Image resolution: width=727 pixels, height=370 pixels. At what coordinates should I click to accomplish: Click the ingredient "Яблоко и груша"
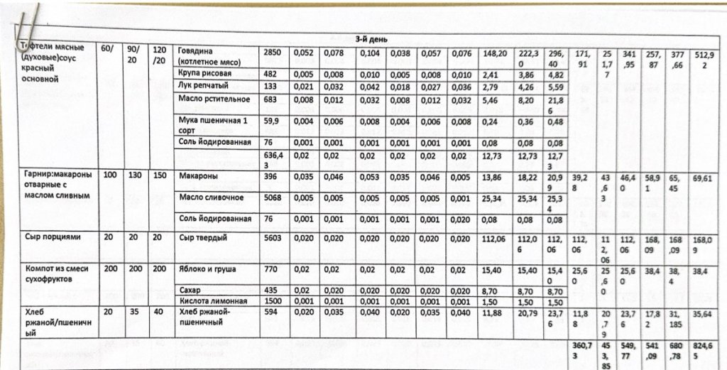pyautogui.click(x=207, y=269)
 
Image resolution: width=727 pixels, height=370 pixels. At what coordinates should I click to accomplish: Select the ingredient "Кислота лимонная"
pyautogui.click(x=212, y=301)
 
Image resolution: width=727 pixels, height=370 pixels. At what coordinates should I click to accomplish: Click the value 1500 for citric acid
pyautogui.click(x=273, y=301)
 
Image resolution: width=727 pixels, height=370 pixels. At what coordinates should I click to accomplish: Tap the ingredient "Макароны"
pyautogui.click(x=198, y=175)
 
